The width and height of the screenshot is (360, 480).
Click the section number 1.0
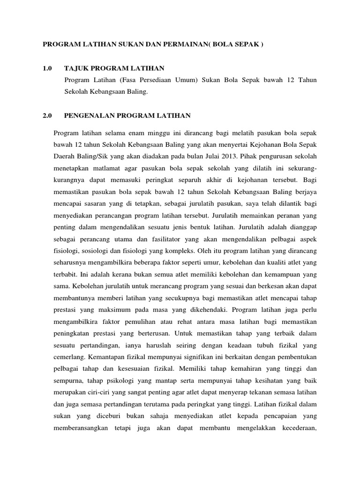(x=47, y=68)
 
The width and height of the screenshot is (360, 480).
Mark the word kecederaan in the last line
(x=296, y=428)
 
